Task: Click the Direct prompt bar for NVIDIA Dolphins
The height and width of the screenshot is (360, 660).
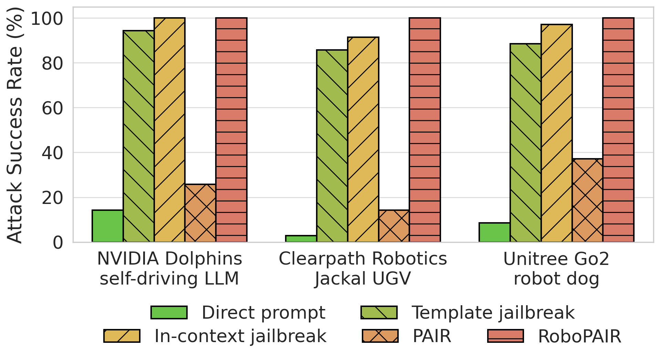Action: [x=107, y=226]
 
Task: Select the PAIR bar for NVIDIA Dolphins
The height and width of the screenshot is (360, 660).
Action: [x=200, y=213]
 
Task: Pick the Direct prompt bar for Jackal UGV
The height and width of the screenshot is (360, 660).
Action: [x=301, y=239]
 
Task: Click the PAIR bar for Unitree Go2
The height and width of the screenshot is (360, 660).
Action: [x=587, y=200]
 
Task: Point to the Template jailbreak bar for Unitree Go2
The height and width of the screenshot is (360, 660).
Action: [x=525, y=143]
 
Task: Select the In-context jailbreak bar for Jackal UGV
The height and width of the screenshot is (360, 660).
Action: [x=363, y=140]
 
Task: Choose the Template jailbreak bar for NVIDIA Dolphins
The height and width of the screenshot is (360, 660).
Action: [x=138, y=136]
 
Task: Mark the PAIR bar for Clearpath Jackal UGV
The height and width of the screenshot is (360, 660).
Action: [x=394, y=226]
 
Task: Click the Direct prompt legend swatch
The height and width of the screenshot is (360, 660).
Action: [x=169, y=312]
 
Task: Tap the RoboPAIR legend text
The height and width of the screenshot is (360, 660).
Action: [x=579, y=336]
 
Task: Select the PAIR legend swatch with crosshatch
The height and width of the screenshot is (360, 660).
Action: [x=380, y=336]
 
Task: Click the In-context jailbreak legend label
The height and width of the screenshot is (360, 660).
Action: [x=240, y=336]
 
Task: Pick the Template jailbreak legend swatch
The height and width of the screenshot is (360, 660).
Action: [x=379, y=312]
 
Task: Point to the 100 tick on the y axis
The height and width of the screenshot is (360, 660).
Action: [x=47, y=18]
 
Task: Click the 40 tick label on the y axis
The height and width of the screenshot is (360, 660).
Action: [x=52, y=153]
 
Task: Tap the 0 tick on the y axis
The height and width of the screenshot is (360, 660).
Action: [x=58, y=243]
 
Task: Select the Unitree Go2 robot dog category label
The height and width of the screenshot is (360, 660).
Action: [x=556, y=269]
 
